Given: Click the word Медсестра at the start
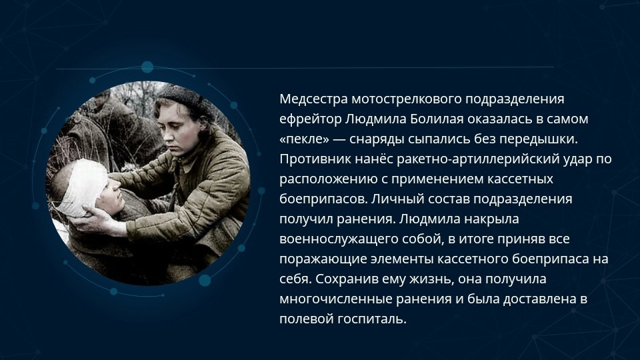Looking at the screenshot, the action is [313, 99].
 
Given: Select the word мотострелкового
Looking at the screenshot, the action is [407, 99].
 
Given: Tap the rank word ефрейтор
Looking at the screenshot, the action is [311, 119].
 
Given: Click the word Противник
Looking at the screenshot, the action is [315, 159].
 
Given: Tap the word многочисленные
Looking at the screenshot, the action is [336, 299].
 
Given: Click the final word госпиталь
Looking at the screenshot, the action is [372, 319].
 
